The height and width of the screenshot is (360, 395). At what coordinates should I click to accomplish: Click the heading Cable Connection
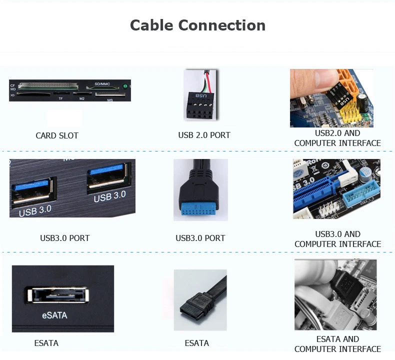pyautogui.click(x=197, y=25)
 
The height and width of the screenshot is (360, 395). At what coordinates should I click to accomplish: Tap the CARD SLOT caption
pyautogui.click(x=57, y=135)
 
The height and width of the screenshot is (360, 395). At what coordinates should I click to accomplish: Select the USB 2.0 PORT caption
pyautogui.click(x=204, y=135)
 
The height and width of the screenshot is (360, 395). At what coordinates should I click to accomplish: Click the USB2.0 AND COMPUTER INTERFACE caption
pyautogui.click(x=337, y=138)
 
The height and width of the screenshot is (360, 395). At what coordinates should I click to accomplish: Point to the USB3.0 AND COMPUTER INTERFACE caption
pyautogui.click(x=337, y=239)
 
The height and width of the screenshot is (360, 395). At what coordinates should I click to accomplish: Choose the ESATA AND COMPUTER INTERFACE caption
pyautogui.click(x=337, y=344)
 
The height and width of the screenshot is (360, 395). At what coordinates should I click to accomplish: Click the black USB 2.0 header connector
pyautogui.click(x=200, y=105)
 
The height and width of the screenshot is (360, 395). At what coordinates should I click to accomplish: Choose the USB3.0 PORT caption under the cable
pyautogui.click(x=200, y=238)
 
